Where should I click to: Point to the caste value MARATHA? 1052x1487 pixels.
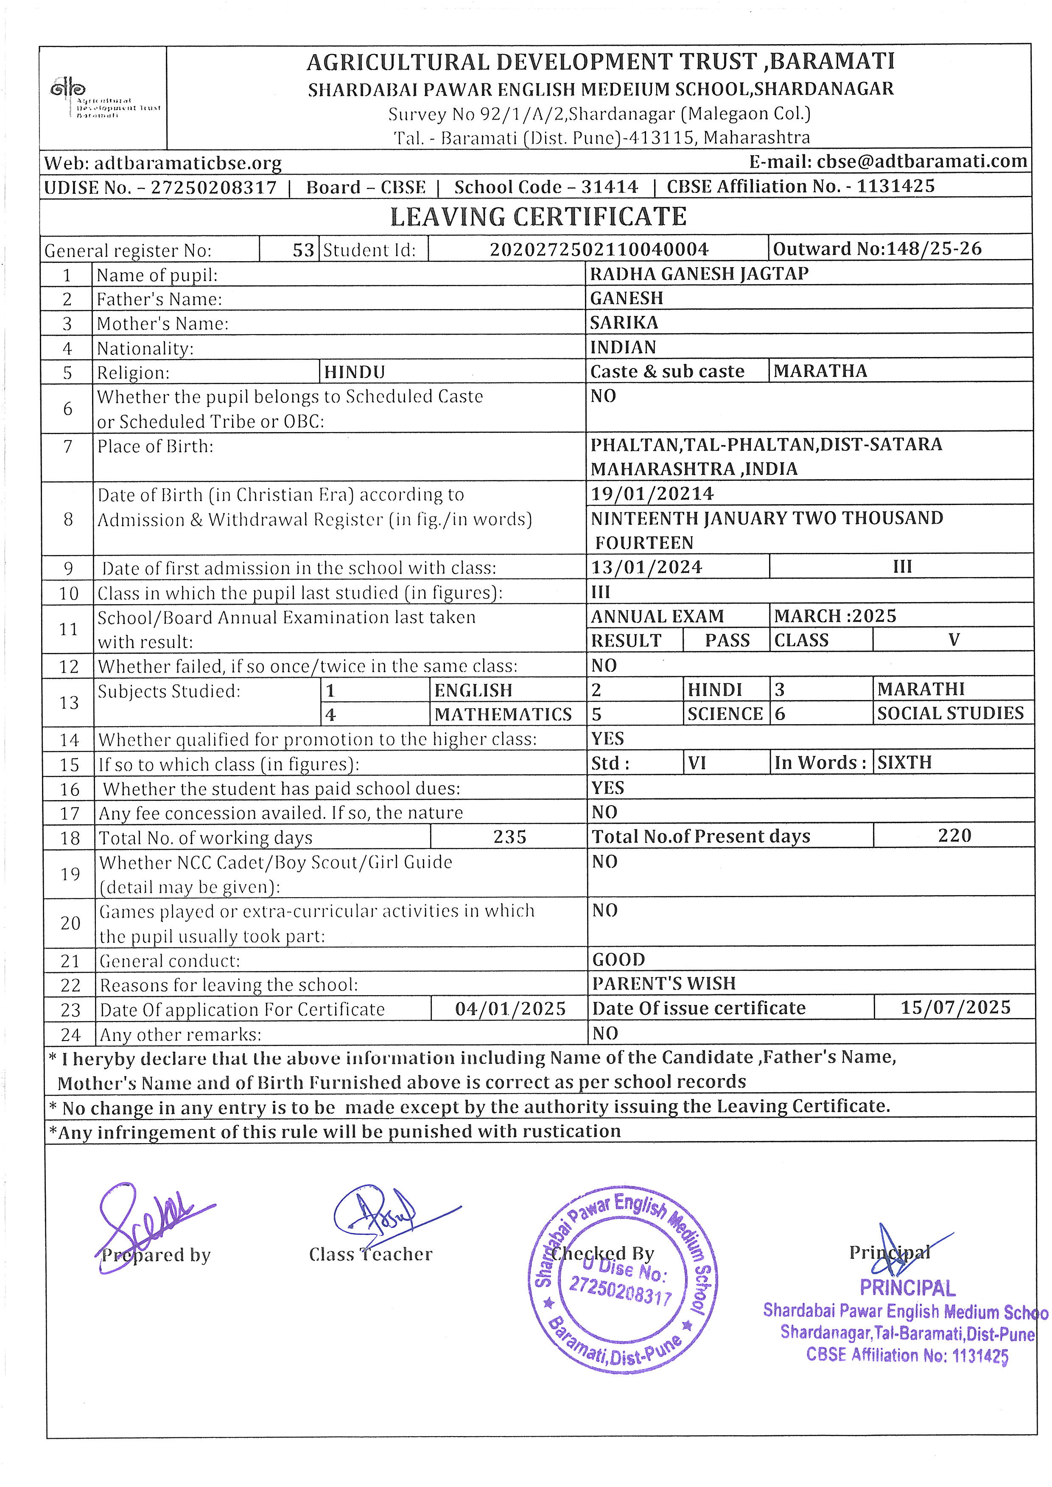click(820, 371)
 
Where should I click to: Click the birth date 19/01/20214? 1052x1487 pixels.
click(652, 494)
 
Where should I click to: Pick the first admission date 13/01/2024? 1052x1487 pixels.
click(646, 567)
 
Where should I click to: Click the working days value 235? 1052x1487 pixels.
click(510, 837)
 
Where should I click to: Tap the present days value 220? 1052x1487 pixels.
click(954, 835)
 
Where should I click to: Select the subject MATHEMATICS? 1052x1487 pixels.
click(504, 714)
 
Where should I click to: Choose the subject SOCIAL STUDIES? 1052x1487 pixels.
click(950, 713)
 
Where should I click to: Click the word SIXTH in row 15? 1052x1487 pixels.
click(904, 762)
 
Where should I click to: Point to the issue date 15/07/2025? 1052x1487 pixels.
click(955, 1008)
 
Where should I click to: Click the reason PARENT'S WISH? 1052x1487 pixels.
click(664, 984)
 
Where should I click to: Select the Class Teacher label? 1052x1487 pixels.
click(370, 1255)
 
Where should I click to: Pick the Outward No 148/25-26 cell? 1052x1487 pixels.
click(877, 249)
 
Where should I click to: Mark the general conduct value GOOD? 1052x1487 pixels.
click(618, 959)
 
